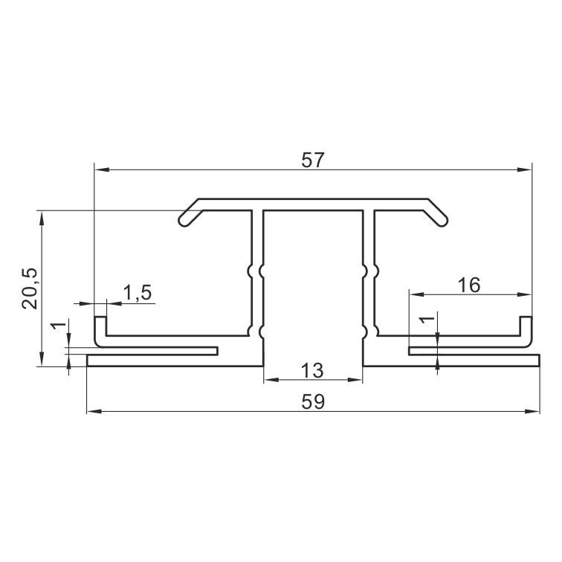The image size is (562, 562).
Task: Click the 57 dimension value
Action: point(312,160)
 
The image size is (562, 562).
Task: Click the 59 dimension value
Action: point(313,401)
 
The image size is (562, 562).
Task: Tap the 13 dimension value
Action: point(312,370)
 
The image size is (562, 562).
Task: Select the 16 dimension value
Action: point(469,285)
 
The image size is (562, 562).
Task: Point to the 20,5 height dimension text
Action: point(30,288)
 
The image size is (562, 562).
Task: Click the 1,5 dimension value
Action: point(138,292)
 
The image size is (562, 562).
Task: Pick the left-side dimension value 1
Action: point(59,326)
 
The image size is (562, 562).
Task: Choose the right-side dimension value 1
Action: point(427,320)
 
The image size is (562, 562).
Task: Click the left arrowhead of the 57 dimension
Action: point(100,169)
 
